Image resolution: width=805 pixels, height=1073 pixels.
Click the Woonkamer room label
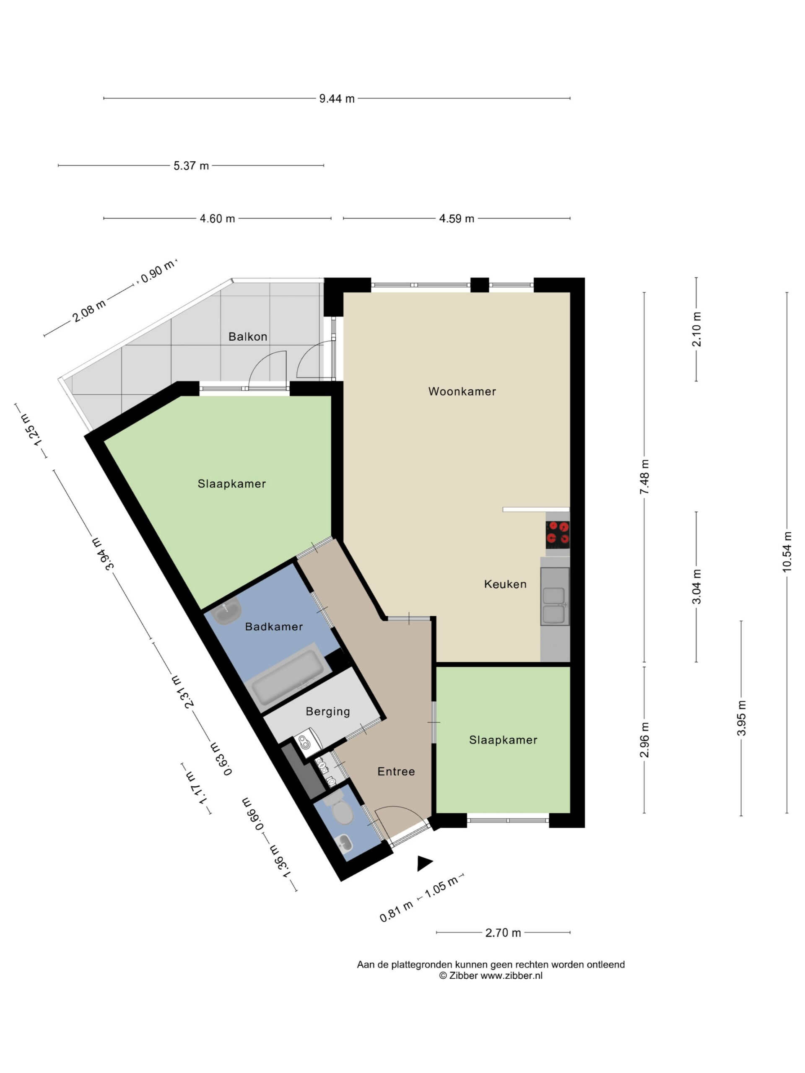pos(462,391)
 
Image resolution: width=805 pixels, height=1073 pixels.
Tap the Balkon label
pos(247,337)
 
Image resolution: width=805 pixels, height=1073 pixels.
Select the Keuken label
pos(505,584)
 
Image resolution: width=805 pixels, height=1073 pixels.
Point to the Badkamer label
pos(274,627)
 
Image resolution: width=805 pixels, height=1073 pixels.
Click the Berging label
pos(327,712)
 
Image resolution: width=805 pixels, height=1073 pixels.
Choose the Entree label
pos(396,772)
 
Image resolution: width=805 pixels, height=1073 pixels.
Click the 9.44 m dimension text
pos(337,99)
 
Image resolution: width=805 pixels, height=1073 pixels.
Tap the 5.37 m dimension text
pos(191,166)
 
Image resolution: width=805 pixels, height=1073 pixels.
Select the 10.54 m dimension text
pos(787,552)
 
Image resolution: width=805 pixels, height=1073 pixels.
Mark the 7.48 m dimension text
pos(644,477)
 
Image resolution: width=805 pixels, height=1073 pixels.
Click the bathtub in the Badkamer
pos(287,678)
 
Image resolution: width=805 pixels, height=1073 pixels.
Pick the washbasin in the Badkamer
pos(227,611)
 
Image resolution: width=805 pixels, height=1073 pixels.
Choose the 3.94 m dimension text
pos(102,553)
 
